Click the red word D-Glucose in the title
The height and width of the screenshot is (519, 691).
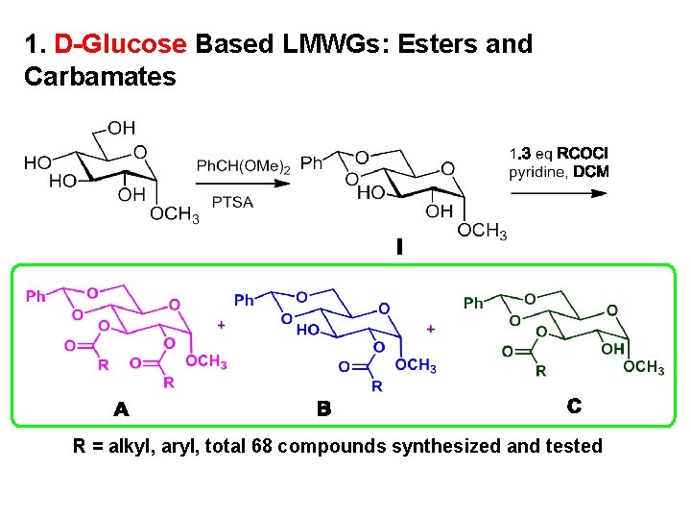120,44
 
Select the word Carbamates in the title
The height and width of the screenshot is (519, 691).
100,77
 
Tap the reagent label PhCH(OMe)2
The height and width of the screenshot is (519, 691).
244,166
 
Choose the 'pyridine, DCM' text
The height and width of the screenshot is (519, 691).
559,172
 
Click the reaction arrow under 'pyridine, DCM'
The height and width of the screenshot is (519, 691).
560,192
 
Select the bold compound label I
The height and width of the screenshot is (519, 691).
399,248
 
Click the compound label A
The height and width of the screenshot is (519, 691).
121,410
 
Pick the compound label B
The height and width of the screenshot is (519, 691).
324,409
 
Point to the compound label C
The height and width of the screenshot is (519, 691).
573,407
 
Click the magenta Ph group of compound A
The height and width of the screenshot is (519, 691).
36,297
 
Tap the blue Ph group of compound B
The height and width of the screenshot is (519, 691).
245,301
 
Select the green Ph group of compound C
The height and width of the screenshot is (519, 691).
473,303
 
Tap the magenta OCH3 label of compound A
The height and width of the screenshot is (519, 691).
206,361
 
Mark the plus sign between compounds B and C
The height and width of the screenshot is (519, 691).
430,329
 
